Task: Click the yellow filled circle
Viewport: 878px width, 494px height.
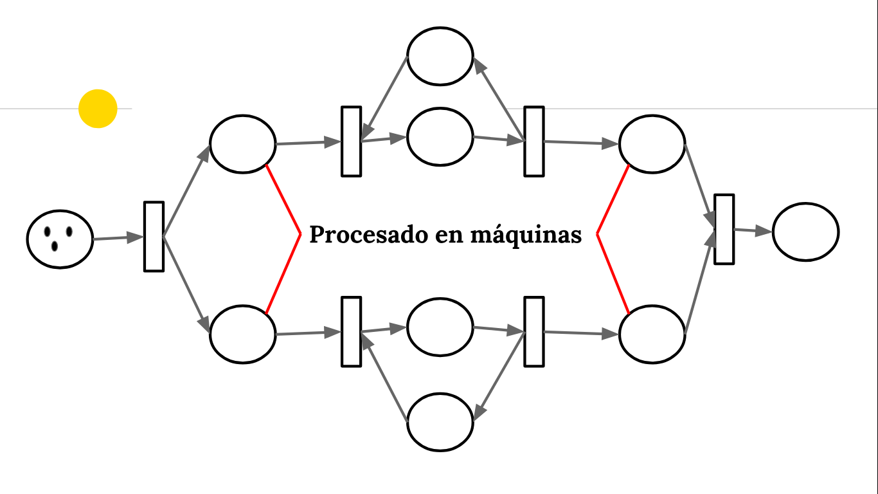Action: (x=98, y=109)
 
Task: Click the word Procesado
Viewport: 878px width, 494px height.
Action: (x=368, y=234)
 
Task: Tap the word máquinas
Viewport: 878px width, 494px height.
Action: (x=526, y=235)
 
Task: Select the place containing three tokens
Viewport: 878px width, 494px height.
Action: (x=60, y=239)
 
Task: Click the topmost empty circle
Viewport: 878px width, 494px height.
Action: (x=440, y=56)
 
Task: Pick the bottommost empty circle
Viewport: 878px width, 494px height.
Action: (x=440, y=422)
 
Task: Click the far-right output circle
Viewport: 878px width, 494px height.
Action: (x=806, y=232)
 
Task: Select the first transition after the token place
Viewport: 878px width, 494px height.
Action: (x=154, y=237)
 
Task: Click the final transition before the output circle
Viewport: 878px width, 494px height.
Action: (x=724, y=229)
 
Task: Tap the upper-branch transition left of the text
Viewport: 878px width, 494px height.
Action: (x=351, y=142)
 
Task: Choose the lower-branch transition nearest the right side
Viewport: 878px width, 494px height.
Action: (x=534, y=332)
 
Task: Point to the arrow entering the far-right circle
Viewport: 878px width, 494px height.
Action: (x=753, y=231)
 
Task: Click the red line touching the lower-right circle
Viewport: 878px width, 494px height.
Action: (x=613, y=274)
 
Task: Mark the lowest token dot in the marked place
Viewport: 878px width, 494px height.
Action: (x=55, y=246)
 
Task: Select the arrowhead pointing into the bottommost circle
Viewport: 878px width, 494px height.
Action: (x=479, y=413)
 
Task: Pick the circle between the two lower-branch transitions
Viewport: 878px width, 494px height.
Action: (x=440, y=327)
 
